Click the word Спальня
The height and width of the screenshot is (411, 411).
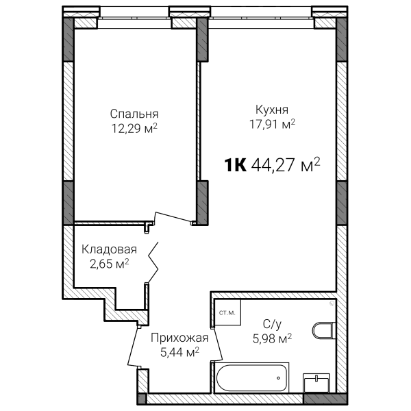[x=134, y=114]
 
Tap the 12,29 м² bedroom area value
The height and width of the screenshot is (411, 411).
[x=134, y=129]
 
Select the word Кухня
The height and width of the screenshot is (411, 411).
[x=272, y=110]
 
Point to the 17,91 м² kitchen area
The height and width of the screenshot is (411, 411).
[x=272, y=124]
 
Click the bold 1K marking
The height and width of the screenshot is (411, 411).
[x=235, y=165]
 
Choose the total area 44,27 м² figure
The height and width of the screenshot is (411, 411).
[x=286, y=165]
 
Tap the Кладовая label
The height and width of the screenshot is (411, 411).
[x=109, y=249]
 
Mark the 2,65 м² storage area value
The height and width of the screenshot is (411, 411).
[x=110, y=264]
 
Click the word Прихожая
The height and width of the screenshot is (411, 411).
[x=179, y=338]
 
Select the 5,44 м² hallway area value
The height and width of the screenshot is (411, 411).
[x=179, y=352]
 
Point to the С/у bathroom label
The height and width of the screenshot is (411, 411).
[x=272, y=325]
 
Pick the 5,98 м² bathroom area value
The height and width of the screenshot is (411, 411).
[x=272, y=338]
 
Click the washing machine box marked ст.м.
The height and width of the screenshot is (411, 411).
[x=227, y=313]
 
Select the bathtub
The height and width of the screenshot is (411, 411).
[x=251, y=377]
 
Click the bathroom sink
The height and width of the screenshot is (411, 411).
[x=316, y=383]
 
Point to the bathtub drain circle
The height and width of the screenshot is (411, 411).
[x=278, y=378]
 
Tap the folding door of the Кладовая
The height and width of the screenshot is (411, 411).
[x=153, y=262]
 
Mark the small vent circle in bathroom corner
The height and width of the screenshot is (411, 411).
[x=332, y=303]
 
